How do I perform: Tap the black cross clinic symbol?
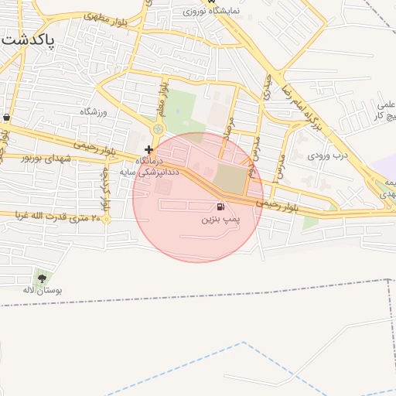pyautogui.click(x=148, y=148)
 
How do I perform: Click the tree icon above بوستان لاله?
pyautogui.click(x=41, y=278)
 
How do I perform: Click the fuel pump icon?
pyautogui.click(x=222, y=207)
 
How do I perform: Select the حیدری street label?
pyautogui.click(x=268, y=90)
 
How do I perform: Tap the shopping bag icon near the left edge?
pyautogui.click(x=7, y=118)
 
